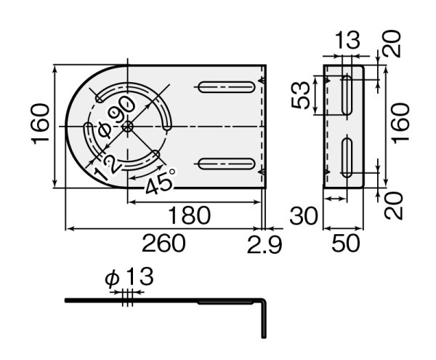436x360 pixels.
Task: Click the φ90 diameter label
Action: (x=116, y=118)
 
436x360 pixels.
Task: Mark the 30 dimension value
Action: (x=304, y=215)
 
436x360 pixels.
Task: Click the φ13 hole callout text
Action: (x=129, y=277)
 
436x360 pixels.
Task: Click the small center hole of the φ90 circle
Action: (x=128, y=126)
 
